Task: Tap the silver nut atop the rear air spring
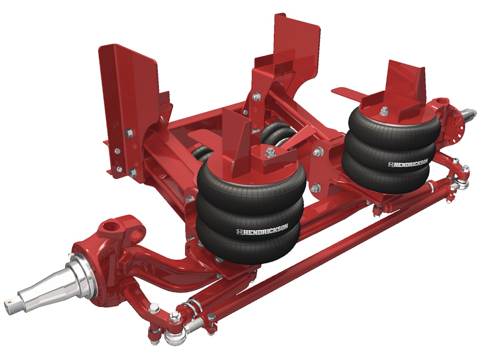click(384, 110)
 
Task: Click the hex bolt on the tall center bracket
click(256, 96)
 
